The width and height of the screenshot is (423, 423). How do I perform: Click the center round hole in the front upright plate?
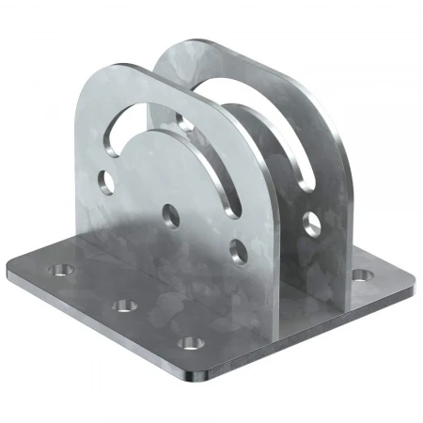click(x=170, y=211)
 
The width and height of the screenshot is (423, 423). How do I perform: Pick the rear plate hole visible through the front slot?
click(x=181, y=121)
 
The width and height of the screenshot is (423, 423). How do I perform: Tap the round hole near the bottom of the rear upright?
click(x=311, y=224)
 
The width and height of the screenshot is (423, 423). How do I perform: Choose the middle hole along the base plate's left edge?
click(x=122, y=305)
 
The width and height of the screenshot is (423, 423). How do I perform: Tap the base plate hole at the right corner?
click(x=359, y=275)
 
